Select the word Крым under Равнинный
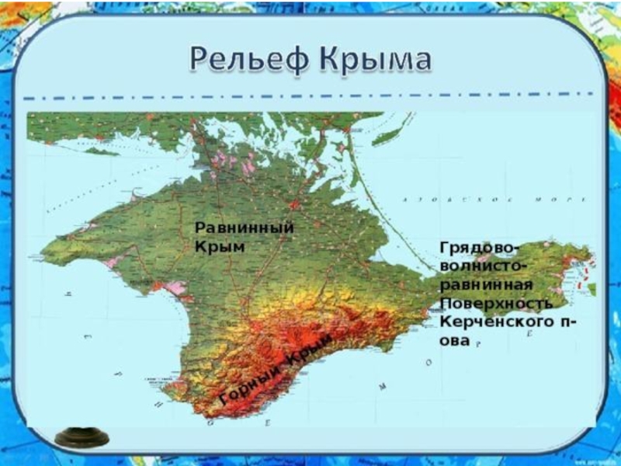(x=220, y=247)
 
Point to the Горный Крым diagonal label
(x=276, y=370)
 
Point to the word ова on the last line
(x=455, y=340)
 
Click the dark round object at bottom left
(x=82, y=437)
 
